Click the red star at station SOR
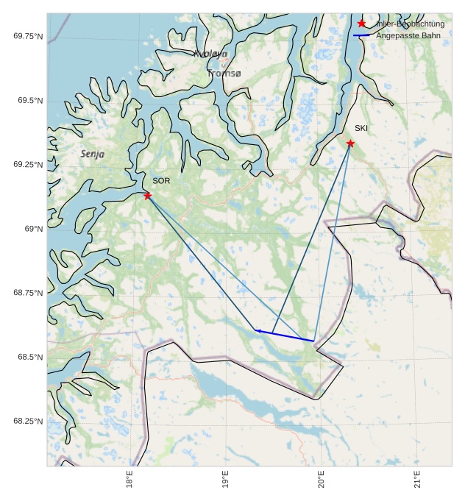click(148, 195)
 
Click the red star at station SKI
click(350, 143)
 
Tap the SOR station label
click(161, 181)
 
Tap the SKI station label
click(361, 129)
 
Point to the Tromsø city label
click(224, 74)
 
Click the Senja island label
click(92, 154)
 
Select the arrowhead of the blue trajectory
click(258, 331)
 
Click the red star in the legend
click(361, 24)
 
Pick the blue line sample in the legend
click(361, 35)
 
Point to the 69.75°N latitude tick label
click(28, 36)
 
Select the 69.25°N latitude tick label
click(28, 165)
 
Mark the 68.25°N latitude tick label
click(28, 422)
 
